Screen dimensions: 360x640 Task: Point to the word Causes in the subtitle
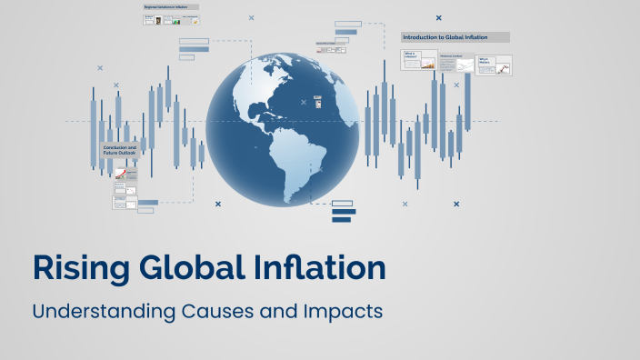click(x=221, y=311)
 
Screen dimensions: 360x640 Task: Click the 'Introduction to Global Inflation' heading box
click(x=455, y=37)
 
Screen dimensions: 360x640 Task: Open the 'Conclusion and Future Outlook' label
click(x=120, y=150)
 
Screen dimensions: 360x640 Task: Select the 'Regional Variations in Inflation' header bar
click(x=171, y=7)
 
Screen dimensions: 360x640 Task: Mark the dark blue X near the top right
click(x=438, y=17)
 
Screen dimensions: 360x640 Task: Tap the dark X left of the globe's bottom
click(x=218, y=205)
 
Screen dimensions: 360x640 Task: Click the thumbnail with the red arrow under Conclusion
click(x=119, y=173)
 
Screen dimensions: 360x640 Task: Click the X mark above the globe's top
click(x=252, y=18)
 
